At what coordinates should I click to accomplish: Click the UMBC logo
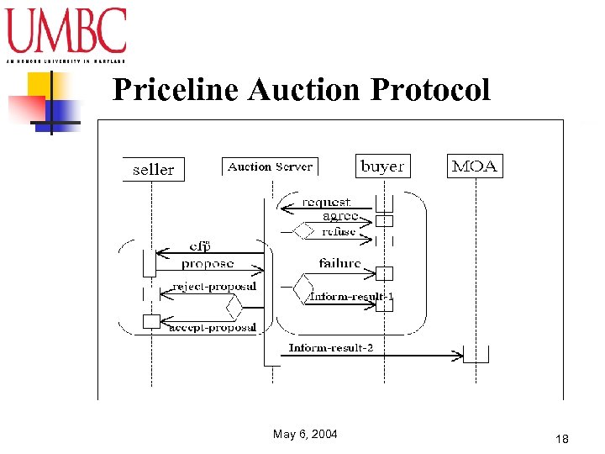point(66,32)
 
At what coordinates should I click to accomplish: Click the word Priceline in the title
point(176,88)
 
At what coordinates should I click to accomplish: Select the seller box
point(153,169)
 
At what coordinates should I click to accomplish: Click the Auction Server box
point(270,166)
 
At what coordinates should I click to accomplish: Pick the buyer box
point(382,166)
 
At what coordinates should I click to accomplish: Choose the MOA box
point(475,166)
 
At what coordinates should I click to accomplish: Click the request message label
point(326,202)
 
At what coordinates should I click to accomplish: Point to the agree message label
point(340,216)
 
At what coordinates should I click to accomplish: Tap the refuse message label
point(339,231)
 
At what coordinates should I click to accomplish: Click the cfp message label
point(199,246)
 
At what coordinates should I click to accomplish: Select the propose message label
point(208,263)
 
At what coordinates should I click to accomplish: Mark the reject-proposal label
point(214,287)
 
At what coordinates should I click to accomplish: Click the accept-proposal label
point(213,327)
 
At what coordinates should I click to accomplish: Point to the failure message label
point(339,263)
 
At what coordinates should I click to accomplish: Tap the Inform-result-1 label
point(351,297)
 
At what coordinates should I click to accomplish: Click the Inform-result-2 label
point(331,347)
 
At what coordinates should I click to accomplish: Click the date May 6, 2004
point(305,434)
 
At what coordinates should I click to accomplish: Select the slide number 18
point(562,439)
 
